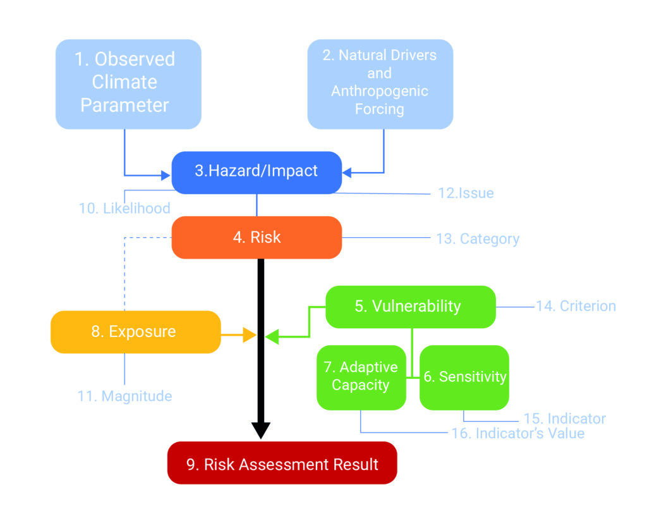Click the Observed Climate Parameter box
[128, 83]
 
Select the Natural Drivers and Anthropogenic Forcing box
[380, 83]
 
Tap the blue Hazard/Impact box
[257, 171]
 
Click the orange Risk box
[257, 238]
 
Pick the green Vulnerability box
[410, 307]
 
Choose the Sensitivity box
[464, 377]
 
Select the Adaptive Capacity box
[361, 377]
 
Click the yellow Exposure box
[135, 331]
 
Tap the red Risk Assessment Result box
[282, 464]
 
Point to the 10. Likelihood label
[124, 208]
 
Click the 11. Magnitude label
[124, 397]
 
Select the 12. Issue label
[466, 193]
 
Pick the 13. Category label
[478, 239]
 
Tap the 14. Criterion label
[576, 306]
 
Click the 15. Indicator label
[564, 419]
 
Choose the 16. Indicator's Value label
[517, 434]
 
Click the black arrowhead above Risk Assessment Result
[260, 430]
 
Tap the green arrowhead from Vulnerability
[272, 337]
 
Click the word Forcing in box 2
[379, 109]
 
